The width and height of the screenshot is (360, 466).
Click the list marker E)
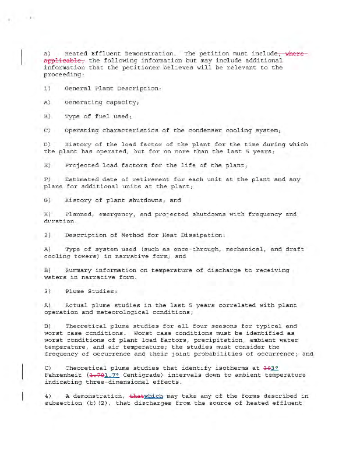tap(47, 165)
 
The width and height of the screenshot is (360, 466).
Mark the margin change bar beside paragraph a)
tap(22, 57)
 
